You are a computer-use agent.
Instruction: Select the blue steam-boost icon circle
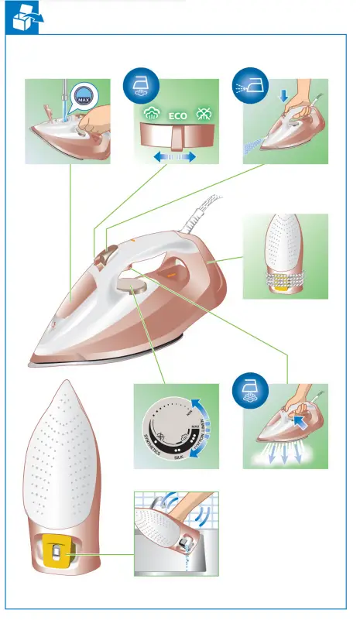coord(250,388)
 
